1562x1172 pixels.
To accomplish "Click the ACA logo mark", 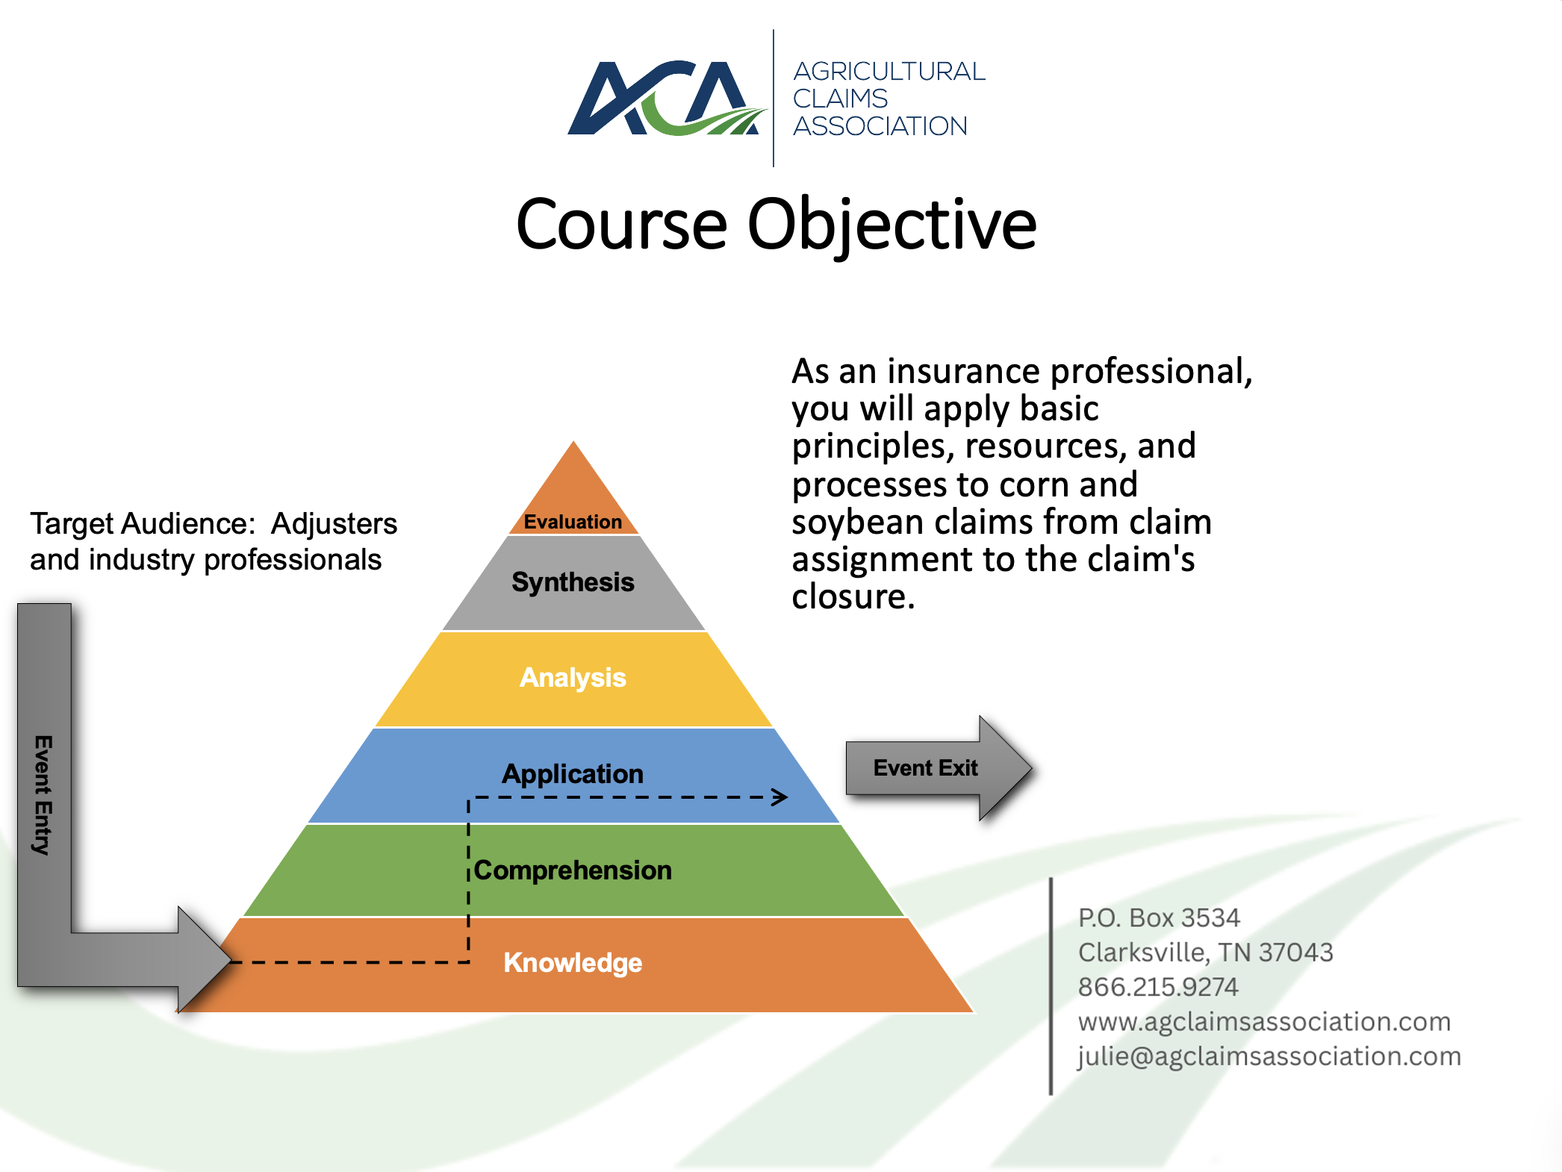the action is click(667, 98).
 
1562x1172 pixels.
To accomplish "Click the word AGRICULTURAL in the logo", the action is click(889, 71).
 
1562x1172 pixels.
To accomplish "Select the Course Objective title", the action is click(777, 225).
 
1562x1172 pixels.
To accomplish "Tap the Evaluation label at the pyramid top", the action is click(573, 522).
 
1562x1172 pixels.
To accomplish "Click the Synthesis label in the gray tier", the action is click(573, 582).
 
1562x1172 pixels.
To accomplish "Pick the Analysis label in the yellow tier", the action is click(573, 678).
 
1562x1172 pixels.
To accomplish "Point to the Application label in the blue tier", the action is click(573, 774).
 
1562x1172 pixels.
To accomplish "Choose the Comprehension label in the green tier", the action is click(573, 870).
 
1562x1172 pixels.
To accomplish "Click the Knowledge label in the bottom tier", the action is click(573, 963).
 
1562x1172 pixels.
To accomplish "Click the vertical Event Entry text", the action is click(43, 795).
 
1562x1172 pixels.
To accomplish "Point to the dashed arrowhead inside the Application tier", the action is click(780, 797).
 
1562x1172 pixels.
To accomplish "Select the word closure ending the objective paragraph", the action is click(853, 597).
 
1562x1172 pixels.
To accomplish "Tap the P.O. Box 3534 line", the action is click(1159, 917).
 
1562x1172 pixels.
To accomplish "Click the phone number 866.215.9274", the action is click(1158, 987).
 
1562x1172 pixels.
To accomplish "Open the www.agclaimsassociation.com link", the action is click(1265, 1022).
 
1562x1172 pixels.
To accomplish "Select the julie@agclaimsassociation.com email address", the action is click(1269, 1056).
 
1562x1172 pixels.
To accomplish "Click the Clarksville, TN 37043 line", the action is click(1206, 953).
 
